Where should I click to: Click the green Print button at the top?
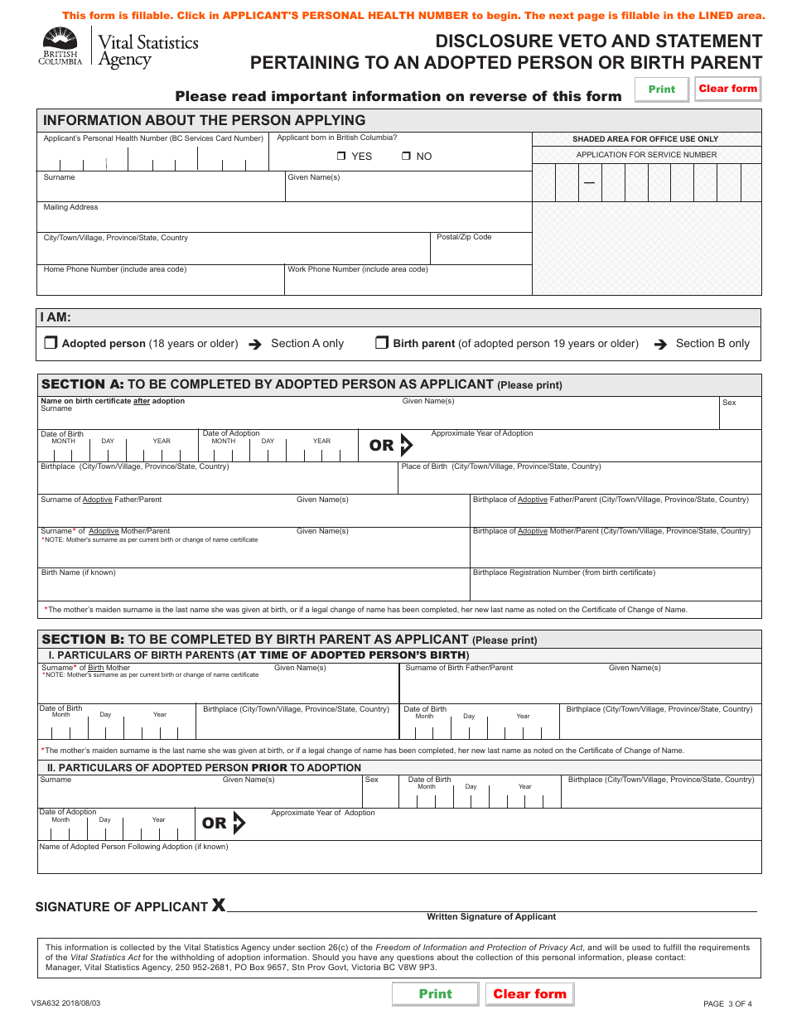pos(661,89)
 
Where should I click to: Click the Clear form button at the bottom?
pos(529,994)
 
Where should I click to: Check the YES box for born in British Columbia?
pos(341,157)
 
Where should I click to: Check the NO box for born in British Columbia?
pos(406,157)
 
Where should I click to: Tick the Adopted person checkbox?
pos(50,343)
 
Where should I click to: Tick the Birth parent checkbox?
pos(381,343)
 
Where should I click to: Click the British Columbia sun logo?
pos(60,39)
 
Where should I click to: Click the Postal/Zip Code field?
pos(481,252)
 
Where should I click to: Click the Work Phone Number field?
pos(408,283)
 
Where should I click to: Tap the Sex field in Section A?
pos(740,416)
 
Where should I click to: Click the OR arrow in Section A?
pos(405,446)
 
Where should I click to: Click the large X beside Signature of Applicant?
pos(218,905)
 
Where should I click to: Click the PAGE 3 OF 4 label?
pos(727,1004)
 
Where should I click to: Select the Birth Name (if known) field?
pos(253,587)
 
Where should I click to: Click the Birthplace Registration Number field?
pos(615,587)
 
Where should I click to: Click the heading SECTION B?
pos(82,640)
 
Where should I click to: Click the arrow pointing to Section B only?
pos(659,344)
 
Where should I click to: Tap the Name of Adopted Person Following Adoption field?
pos(398,861)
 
